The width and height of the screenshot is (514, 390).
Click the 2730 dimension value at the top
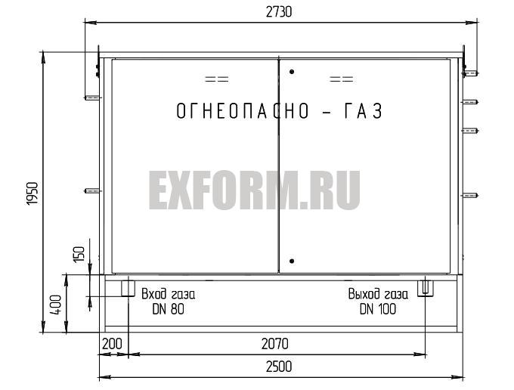279,12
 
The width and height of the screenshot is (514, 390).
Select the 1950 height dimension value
32,193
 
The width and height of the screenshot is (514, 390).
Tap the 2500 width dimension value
279,367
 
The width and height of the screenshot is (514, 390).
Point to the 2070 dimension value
275,344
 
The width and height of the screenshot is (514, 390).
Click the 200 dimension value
112,344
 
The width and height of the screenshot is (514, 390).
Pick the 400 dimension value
55,305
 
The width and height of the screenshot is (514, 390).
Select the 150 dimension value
79,254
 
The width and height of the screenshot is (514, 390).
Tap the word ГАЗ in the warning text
364,111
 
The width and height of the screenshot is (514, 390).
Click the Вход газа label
168,294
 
